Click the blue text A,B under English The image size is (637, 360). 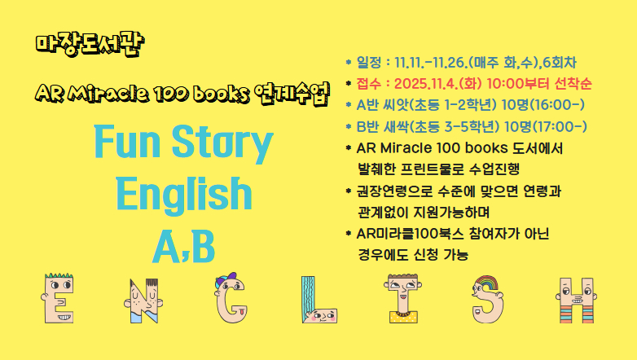[182, 244]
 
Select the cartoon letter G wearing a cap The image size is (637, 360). [233, 296]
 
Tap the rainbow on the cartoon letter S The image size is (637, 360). [487, 284]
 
